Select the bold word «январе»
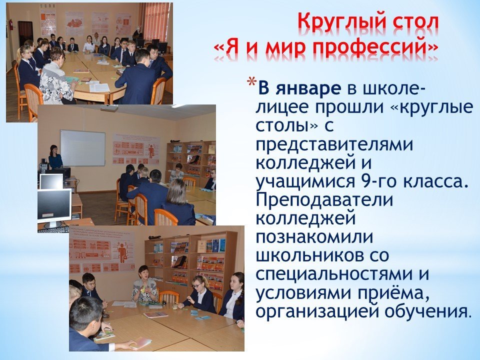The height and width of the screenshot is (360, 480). tap(308, 88)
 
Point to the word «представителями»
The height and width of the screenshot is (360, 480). tap(334, 145)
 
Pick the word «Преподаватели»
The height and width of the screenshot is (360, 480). tap(324, 200)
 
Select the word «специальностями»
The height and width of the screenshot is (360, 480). tap(333, 274)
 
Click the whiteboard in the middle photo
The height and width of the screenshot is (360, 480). tap(82, 148)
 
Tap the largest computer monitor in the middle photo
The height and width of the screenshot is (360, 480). tap(54, 205)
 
